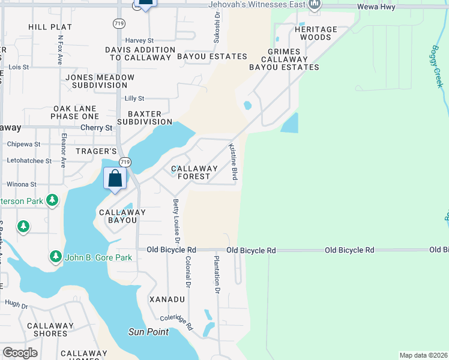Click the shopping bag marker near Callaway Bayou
pyautogui.click(x=115, y=179)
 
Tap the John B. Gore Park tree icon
pyautogui.click(x=56, y=257)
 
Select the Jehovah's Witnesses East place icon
pyautogui.click(x=315, y=5)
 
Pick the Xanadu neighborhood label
pyautogui.click(x=167, y=299)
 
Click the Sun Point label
pyautogui.click(x=148, y=332)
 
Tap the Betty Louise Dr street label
pyautogui.click(x=176, y=222)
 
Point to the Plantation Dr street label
pyautogui.click(x=217, y=275)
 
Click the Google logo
pyautogui.click(x=20, y=353)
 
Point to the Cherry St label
pyautogui.click(x=97, y=128)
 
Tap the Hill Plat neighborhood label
pyautogui.click(x=50, y=27)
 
